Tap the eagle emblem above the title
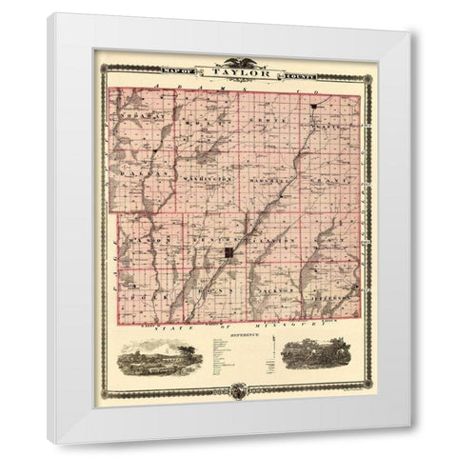(229, 63)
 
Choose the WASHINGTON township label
(204, 177)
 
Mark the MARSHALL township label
(268, 177)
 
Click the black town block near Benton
(230, 252)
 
